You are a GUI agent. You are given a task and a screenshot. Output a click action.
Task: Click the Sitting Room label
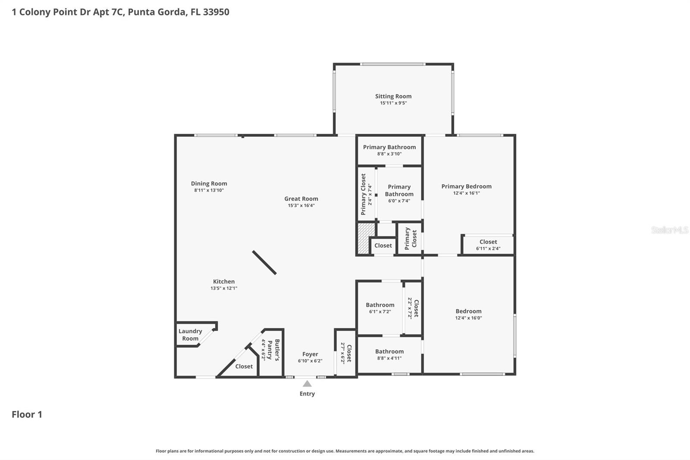[x=393, y=96]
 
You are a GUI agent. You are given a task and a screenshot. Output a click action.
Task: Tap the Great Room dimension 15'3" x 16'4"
[x=301, y=205]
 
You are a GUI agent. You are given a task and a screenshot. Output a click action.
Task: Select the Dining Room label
[x=209, y=183]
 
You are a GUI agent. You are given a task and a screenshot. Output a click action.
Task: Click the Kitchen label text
[x=223, y=281]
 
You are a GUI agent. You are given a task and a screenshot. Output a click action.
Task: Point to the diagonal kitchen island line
[x=264, y=262]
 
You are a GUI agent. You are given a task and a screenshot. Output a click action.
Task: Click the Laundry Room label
[x=190, y=334]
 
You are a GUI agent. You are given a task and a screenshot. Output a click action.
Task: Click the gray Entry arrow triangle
[x=307, y=384]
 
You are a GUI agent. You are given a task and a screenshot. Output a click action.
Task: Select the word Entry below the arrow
[x=307, y=394]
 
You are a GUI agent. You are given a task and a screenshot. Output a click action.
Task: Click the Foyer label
[x=310, y=354]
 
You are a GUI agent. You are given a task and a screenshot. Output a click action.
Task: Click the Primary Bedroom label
[x=466, y=186]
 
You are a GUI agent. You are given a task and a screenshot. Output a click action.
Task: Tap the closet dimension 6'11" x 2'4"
[x=488, y=249]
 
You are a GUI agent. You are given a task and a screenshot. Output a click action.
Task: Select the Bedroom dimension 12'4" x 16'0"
[x=468, y=318]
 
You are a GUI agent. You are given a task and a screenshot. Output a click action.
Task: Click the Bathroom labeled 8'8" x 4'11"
[x=389, y=351]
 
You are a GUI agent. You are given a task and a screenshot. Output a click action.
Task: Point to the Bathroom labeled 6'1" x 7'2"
[x=380, y=305]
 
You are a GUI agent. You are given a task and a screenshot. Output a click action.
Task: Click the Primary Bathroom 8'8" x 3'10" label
[x=389, y=147]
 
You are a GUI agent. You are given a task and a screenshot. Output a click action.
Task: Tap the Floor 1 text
[x=27, y=414]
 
